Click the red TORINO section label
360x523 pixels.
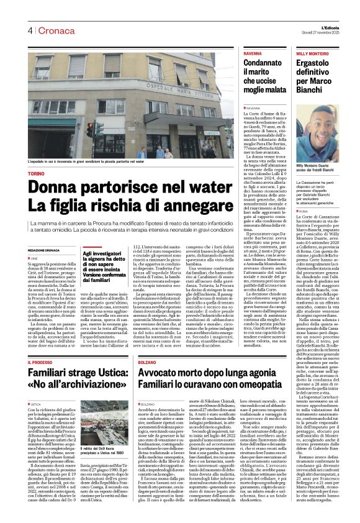(37, 174)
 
